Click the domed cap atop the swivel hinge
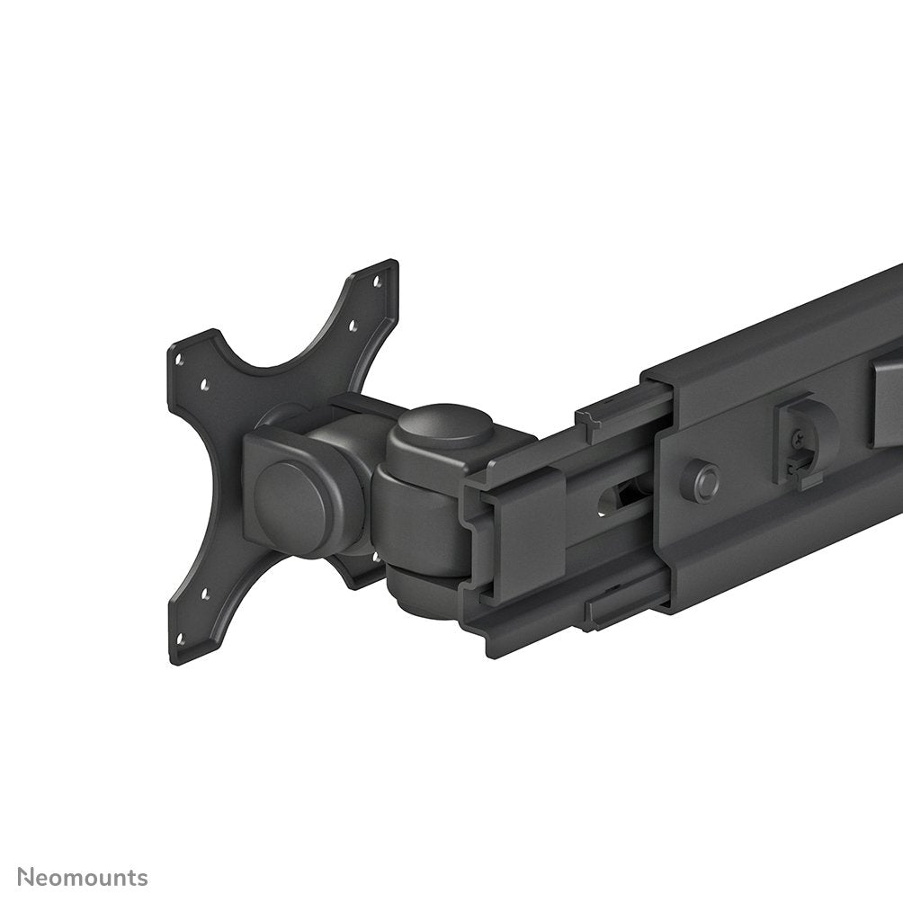(445, 427)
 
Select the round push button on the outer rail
(700, 480)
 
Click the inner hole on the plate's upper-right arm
(352, 327)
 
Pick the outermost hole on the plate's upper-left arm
(179, 358)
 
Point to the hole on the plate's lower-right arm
(376, 556)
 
